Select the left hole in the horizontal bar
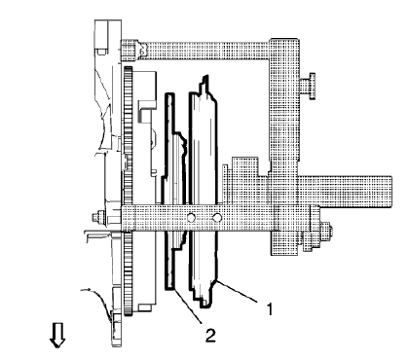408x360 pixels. pyautogui.click(x=192, y=216)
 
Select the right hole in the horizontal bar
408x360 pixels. pyautogui.click(x=217, y=216)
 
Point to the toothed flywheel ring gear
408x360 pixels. pyautogui.click(x=130, y=146)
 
